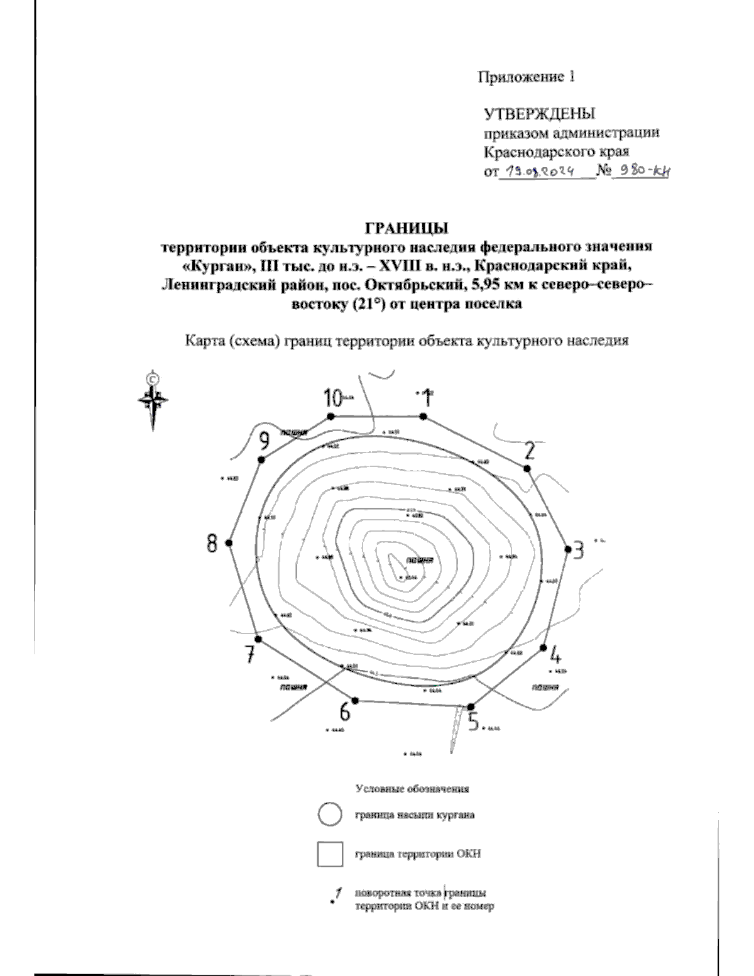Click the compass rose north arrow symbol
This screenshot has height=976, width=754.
pyautogui.click(x=153, y=400)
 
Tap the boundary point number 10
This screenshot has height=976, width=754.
pyautogui.click(x=332, y=398)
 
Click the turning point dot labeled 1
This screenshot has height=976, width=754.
pyautogui.click(x=423, y=417)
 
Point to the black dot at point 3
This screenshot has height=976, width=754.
pyautogui.click(x=568, y=549)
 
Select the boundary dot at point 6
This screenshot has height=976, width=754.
pyautogui.click(x=355, y=700)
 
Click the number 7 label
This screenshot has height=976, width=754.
pyautogui.click(x=250, y=654)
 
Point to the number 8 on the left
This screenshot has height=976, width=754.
pyautogui.click(x=212, y=543)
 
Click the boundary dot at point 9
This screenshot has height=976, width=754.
pyautogui.click(x=261, y=460)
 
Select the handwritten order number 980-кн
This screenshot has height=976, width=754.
pyautogui.click(x=641, y=170)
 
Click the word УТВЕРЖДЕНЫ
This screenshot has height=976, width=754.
pyautogui.click(x=539, y=114)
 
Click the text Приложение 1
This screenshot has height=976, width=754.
pyautogui.click(x=527, y=77)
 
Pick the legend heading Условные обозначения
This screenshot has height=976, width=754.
pyautogui.click(x=413, y=788)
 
